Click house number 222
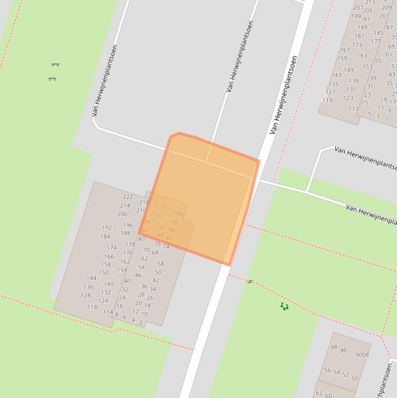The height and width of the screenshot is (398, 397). pos(128,197)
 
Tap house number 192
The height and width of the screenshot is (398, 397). pos(107,228)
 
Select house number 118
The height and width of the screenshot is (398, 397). pos(92,307)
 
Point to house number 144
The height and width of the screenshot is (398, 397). pos(91,278)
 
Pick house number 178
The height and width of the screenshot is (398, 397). pos(130,245)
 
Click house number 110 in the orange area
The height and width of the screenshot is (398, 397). pos(160,208)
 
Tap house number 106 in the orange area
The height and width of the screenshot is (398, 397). pos(178,213)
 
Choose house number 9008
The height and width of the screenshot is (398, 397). pos(362,355)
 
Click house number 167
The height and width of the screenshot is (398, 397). pos(344,51)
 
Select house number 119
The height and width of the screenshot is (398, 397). pos(327,101)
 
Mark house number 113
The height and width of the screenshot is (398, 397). pos(353,110)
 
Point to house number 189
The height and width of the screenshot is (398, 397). pos(362,28)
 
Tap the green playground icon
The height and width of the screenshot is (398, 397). pos(284,307)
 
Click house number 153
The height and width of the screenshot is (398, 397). pos(367,67)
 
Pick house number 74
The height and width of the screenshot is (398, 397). pos(166,247)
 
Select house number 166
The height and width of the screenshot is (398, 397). pos(109,256)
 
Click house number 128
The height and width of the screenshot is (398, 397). pos(86,296)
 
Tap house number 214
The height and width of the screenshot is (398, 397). pos(125,206)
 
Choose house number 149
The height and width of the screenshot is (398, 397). pos(348,70)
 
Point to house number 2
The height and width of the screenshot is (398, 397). pos(140,322)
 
